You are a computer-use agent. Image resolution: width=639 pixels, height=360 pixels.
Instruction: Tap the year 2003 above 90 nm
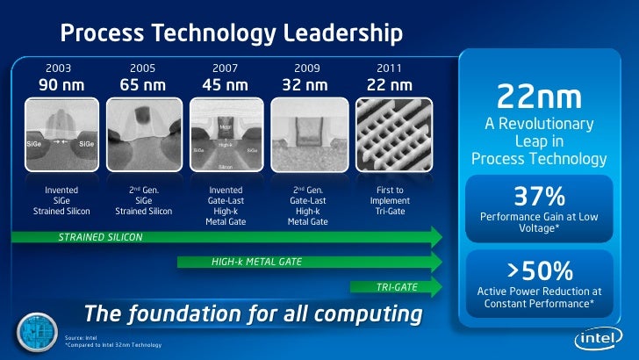click(x=59, y=68)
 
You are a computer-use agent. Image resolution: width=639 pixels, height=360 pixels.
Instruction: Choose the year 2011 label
click(x=390, y=68)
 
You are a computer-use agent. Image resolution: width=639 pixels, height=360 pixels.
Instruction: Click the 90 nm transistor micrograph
click(x=60, y=134)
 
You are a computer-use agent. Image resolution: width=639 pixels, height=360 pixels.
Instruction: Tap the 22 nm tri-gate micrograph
click(x=390, y=134)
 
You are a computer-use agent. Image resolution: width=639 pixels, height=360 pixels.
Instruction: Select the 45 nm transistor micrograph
click(x=225, y=134)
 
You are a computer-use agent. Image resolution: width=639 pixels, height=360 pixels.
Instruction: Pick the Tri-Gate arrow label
click(x=397, y=286)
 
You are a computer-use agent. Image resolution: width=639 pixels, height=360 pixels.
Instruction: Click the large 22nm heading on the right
click(x=539, y=96)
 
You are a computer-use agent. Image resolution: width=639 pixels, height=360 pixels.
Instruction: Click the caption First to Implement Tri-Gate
click(x=389, y=200)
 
